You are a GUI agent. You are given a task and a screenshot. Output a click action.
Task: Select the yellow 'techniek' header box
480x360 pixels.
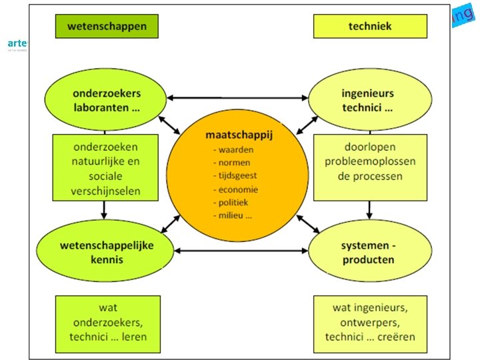tap(370, 26)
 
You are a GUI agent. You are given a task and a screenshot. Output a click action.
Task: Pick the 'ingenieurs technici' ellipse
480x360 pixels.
tap(367, 99)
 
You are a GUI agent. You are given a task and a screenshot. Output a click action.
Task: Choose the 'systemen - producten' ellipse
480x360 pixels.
tap(368, 251)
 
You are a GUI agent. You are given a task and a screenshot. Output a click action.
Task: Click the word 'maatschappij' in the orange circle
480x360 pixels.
tap(239, 135)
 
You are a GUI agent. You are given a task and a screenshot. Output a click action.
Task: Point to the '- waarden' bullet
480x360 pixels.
tap(233, 149)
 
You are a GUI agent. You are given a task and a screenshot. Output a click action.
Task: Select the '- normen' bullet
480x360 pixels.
tap(232, 162)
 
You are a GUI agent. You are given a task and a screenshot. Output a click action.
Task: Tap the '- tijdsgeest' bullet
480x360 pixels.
tap(235, 175)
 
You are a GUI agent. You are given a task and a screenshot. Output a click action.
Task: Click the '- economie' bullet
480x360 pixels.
tap(235, 189)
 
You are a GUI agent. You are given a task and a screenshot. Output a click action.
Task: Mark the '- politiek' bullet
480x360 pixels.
tap(233, 202)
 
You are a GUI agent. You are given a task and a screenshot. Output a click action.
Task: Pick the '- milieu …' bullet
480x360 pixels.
tap(233, 215)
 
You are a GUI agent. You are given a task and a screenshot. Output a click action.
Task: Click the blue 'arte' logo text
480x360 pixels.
tap(16, 43)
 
